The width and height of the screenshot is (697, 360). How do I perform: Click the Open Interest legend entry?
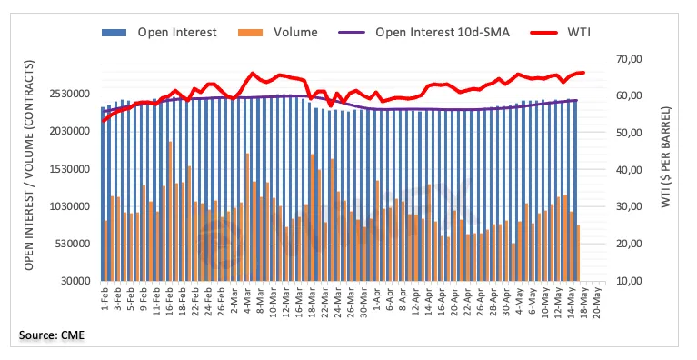tap(159, 33)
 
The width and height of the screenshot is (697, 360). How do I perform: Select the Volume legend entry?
tap(278, 33)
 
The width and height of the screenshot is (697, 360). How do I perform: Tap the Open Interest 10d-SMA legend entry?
tap(424, 33)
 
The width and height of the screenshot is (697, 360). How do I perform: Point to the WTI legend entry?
tap(561, 33)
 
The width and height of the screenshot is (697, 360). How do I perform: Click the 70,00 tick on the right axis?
tap(629, 59)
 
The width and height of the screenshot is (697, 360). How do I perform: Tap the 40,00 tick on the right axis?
tap(629, 170)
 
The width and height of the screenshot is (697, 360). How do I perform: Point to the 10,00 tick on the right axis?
tap(629, 281)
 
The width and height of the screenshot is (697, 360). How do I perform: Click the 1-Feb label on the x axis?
tap(105, 299)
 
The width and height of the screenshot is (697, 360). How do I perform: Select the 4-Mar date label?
tap(247, 299)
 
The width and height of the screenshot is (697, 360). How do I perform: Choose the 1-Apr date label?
tap(377, 299)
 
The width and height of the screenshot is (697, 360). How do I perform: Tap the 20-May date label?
tap(597, 301)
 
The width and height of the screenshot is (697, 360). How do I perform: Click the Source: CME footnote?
tap(52, 335)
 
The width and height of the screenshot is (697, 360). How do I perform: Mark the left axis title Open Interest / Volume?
tap(29, 165)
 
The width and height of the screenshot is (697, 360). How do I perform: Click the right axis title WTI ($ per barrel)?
tap(665, 157)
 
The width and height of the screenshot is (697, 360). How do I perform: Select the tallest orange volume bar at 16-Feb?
tap(170, 212)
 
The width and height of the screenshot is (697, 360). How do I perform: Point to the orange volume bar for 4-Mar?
tap(247, 217)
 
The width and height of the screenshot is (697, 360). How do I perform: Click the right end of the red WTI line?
tap(583, 73)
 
